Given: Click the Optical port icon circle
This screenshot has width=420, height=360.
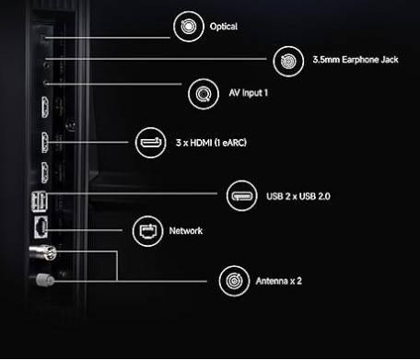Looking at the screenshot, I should pos(189,27).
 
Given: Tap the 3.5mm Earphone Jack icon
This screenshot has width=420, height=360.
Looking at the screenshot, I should pos(286,62).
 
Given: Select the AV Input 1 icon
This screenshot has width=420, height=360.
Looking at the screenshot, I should pos(204,92).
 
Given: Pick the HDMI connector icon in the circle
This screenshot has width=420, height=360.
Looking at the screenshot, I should pos(150,142).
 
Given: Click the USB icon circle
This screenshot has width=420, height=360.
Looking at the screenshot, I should pos(240,195).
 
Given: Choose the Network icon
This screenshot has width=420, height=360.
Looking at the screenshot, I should pos(147,231).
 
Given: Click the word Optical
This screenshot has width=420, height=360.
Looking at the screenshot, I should pos(224,27).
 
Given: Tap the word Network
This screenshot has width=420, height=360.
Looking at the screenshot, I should pos(185,231).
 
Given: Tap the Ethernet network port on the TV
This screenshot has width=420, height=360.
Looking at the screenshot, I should pos(41,226).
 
